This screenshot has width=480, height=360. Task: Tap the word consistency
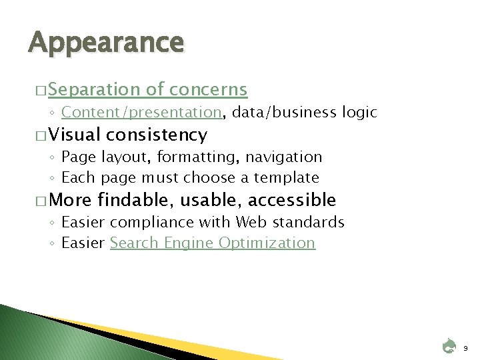pyautogui.click(x=155, y=135)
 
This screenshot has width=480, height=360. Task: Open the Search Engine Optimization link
pyautogui.click(x=213, y=243)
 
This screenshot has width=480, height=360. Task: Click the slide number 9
pyautogui.click(x=466, y=347)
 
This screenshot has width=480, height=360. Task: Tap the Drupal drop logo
pyautogui.click(x=449, y=345)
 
